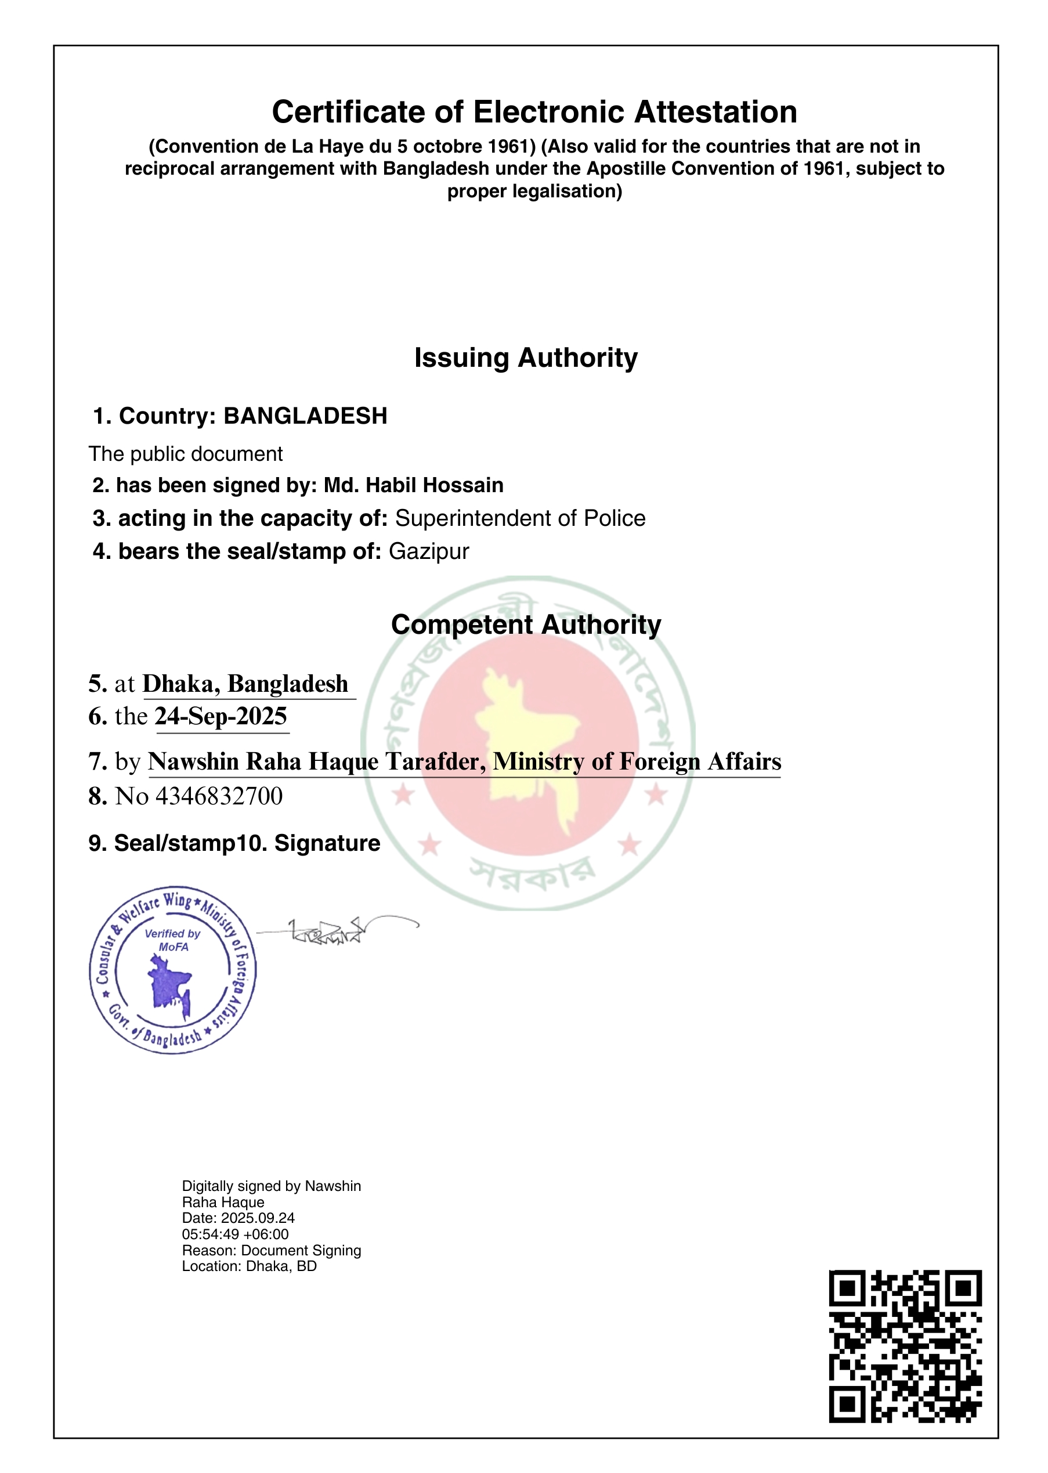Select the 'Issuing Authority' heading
[x=525, y=358]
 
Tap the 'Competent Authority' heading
[x=525, y=625]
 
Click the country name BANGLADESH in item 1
[x=305, y=416]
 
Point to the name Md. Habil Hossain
[x=413, y=485]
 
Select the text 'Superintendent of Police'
[x=519, y=518]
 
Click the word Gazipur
[x=428, y=552]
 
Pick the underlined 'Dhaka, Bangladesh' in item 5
[x=245, y=684]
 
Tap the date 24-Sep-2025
[x=221, y=717]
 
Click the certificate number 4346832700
[x=219, y=796]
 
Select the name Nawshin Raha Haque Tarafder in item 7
[x=316, y=761]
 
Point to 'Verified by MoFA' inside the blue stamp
[x=172, y=940]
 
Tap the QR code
[x=905, y=1346]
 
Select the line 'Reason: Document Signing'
[x=271, y=1250]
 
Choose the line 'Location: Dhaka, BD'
[x=249, y=1266]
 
